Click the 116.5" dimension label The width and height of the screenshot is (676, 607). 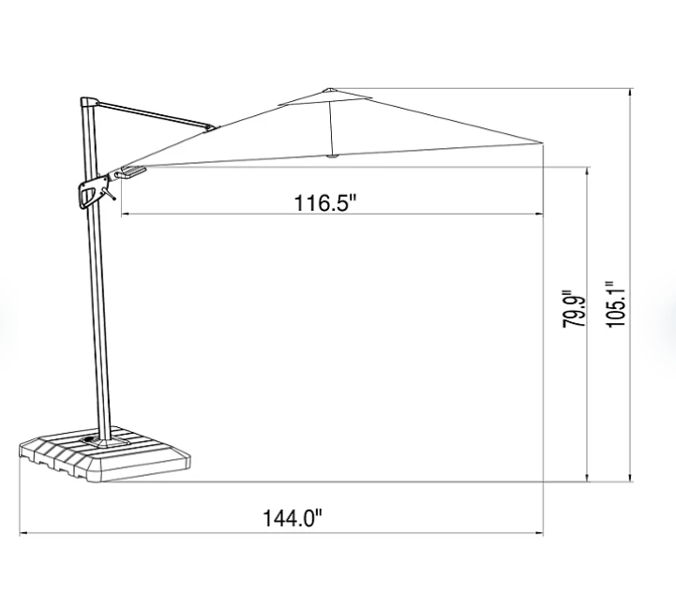(x=325, y=202)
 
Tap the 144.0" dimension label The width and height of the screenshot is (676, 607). (x=293, y=518)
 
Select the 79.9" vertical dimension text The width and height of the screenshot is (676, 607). (x=574, y=308)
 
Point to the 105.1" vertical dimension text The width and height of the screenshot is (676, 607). (x=616, y=304)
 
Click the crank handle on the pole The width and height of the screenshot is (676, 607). (x=93, y=192)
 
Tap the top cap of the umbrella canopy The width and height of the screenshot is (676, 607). (x=329, y=90)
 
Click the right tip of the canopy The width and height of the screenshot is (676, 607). (x=542, y=142)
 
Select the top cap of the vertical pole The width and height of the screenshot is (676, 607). (x=89, y=102)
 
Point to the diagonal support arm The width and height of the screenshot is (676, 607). (x=156, y=114)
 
